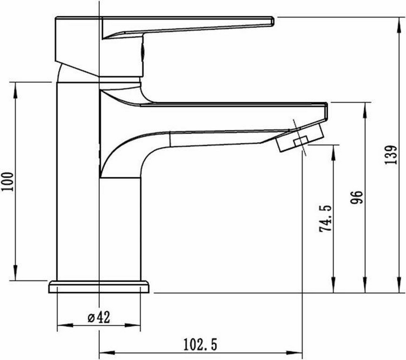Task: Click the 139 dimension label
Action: pos(391,154)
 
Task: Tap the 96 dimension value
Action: pos(357,197)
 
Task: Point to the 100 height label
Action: pos(8,181)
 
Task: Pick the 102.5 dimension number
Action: pos(201,344)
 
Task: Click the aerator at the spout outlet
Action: pos(300,137)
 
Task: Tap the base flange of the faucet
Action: pos(98,287)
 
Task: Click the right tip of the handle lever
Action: pos(273,21)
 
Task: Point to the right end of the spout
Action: pos(327,111)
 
